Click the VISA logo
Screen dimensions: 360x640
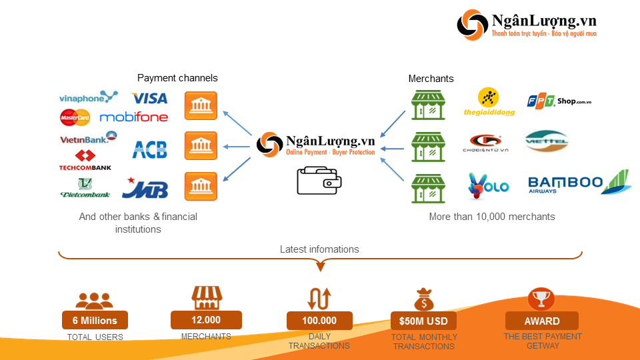pos(150,99)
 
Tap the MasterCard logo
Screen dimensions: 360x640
pos(75,118)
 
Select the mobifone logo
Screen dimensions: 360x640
pos(134,117)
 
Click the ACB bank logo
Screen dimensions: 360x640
pos(149,149)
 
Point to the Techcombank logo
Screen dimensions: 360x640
pos(85,161)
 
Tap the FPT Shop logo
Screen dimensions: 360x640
pos(559,102)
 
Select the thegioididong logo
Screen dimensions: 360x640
pos(489,103)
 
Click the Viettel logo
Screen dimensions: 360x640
pos(546,141)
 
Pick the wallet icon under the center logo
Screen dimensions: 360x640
pos(319,180)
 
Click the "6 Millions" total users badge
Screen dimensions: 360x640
pos(95,321)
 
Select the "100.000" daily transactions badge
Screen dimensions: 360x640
pos(319,321)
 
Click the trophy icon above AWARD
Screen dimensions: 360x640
pos(541,299)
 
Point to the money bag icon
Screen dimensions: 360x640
pos(424,299)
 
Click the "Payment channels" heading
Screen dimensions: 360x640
pos(177,78)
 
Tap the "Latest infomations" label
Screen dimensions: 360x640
pos(319,249)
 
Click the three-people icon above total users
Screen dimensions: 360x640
pos(95,300)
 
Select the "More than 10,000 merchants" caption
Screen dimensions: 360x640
pos(492,217)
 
